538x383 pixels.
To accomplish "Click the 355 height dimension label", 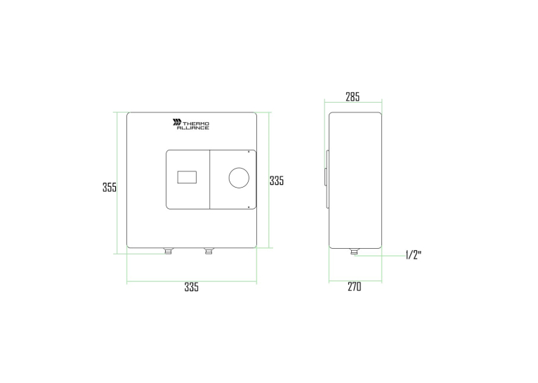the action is [x=110, y=187].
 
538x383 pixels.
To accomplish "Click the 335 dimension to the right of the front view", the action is [x=277, y=181].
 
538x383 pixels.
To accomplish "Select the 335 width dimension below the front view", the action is [x=192, y=287].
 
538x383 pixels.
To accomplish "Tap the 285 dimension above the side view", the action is [x=353, y=97].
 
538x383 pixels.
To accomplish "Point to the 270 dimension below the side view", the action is [x=355, y=286].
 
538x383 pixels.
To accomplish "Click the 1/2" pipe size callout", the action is [x=414, y=255].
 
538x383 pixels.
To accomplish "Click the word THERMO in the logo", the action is [x=195, y=124].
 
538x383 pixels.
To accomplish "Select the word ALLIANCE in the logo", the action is [x=193, y=128].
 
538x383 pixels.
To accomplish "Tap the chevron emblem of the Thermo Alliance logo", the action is [x=177, y=122].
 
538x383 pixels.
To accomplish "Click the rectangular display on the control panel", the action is [x=187, y=177].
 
